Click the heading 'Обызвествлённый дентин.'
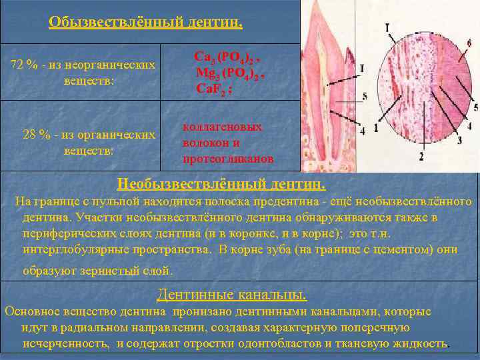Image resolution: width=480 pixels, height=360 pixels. [x=145, y=23]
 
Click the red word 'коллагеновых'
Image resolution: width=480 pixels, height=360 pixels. [x=222, y=127]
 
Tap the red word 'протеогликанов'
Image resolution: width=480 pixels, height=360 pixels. [x=227, y=159]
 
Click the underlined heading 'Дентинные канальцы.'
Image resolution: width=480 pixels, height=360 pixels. [x=231, y=294]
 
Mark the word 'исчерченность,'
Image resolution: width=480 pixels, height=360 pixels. [x=66, y=343]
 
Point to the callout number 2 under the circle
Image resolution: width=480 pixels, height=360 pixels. [x=421, y=157]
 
